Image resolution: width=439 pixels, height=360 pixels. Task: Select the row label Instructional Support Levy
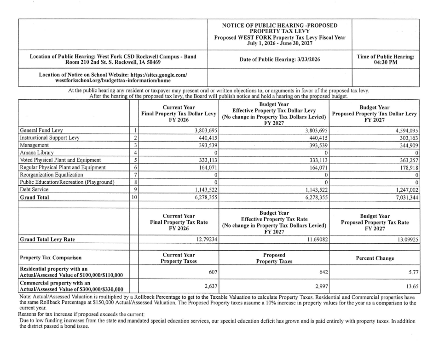47,137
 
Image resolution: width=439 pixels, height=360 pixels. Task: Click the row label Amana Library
37,152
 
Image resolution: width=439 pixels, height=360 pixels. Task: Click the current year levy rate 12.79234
204,240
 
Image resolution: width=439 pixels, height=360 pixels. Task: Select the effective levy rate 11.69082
316,240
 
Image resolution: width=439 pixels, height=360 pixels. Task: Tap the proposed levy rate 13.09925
405,240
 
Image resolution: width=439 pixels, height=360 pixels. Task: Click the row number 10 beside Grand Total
134,197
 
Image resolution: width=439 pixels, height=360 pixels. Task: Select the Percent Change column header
375,258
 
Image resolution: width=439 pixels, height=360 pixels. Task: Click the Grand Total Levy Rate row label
47,240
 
